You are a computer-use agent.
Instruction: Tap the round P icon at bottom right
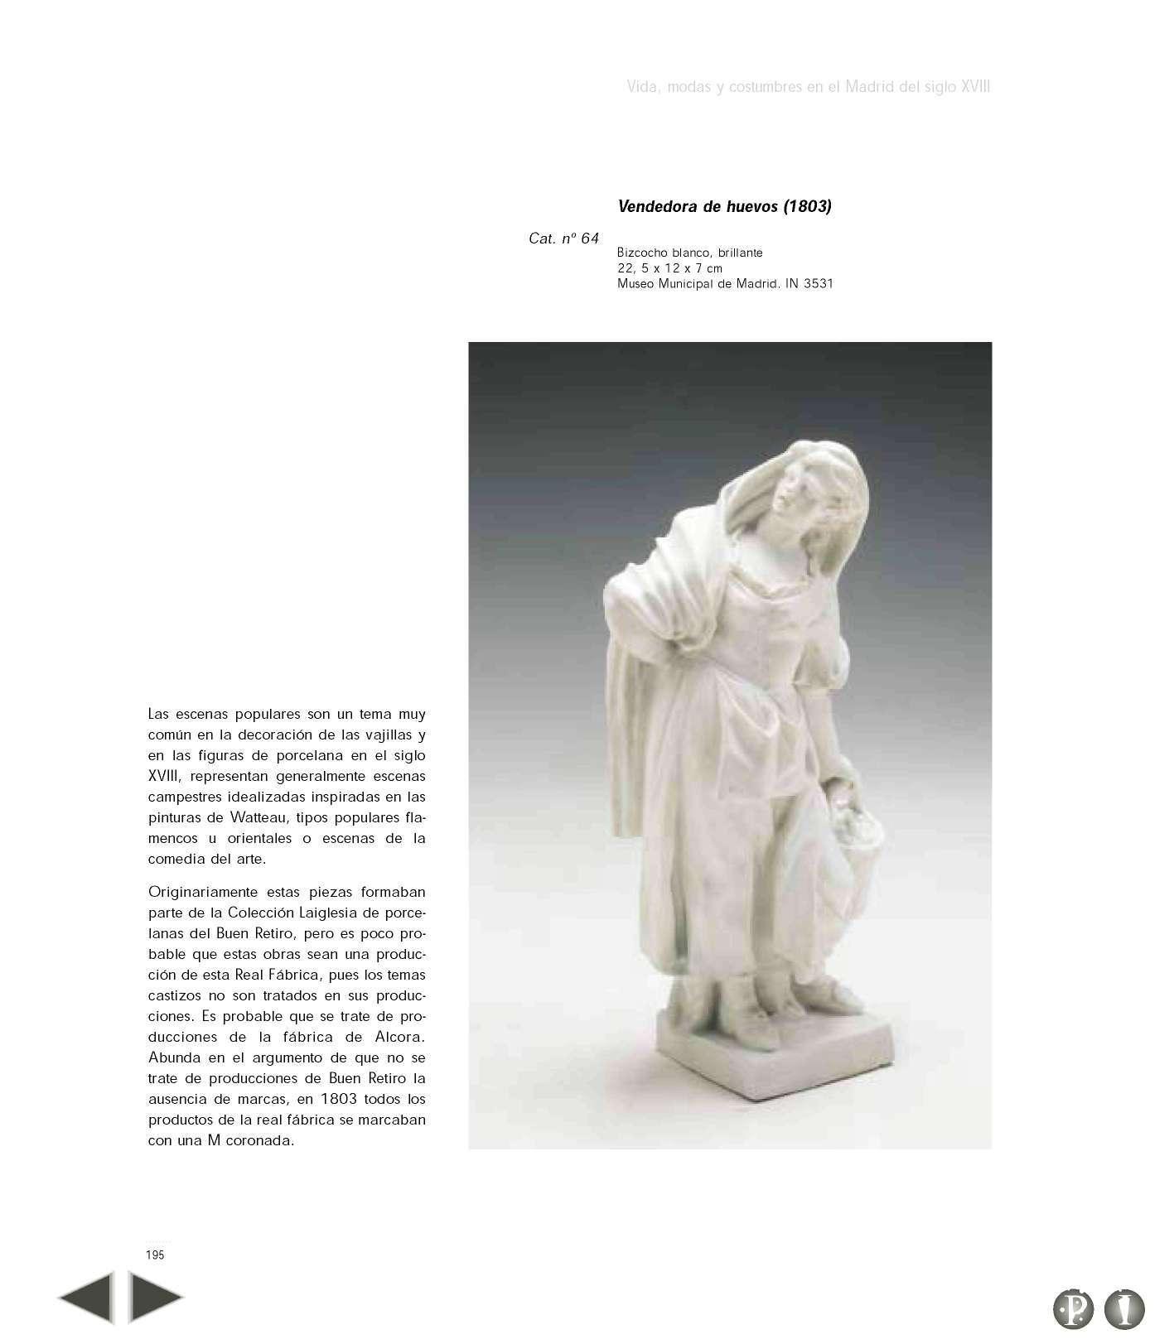[1073, 1309]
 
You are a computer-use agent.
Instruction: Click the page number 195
[155, 1255]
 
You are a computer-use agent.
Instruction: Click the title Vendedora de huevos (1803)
[724, 207]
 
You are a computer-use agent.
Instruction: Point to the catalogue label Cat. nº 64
[563, 239]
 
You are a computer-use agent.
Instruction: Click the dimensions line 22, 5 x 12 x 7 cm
[669, 268]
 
